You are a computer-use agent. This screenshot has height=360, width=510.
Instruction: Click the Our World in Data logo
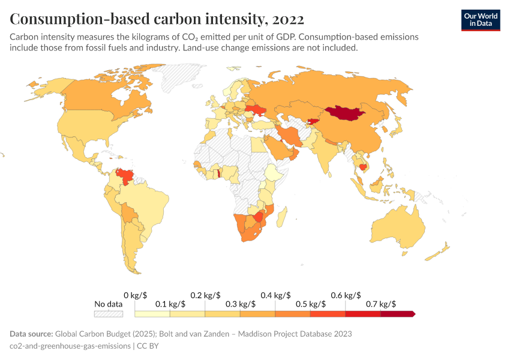click(x=480, y=19)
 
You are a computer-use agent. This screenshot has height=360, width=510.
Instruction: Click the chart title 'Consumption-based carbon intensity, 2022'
click(x=157, y=19)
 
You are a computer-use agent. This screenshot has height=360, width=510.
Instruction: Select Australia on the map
click(x=399, y=231)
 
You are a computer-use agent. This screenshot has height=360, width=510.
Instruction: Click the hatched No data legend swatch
click(x=109, y=313)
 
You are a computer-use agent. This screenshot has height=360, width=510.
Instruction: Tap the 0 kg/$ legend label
click(x=135, y=295)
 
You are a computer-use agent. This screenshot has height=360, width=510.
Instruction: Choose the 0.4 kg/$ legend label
click(x=275, y=295)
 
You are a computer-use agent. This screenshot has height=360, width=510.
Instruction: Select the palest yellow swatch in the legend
click(x=152, y=313)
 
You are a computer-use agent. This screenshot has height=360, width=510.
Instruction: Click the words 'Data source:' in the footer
click(x=31, y=334)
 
